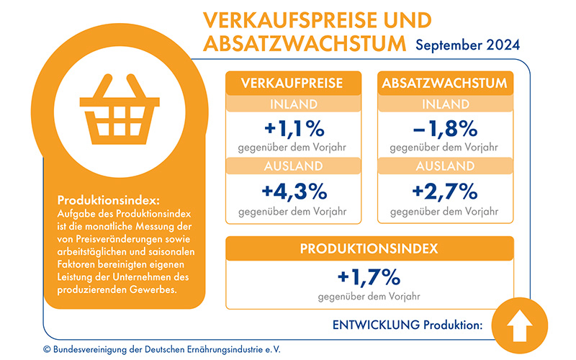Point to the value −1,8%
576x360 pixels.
point(445,130)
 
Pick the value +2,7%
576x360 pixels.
point(445,192)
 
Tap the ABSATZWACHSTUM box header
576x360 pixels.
point(445,83)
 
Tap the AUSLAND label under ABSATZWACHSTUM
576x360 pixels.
point(445,166)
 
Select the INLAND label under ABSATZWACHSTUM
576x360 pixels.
point(445,104)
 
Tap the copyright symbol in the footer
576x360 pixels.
point(48,349)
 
